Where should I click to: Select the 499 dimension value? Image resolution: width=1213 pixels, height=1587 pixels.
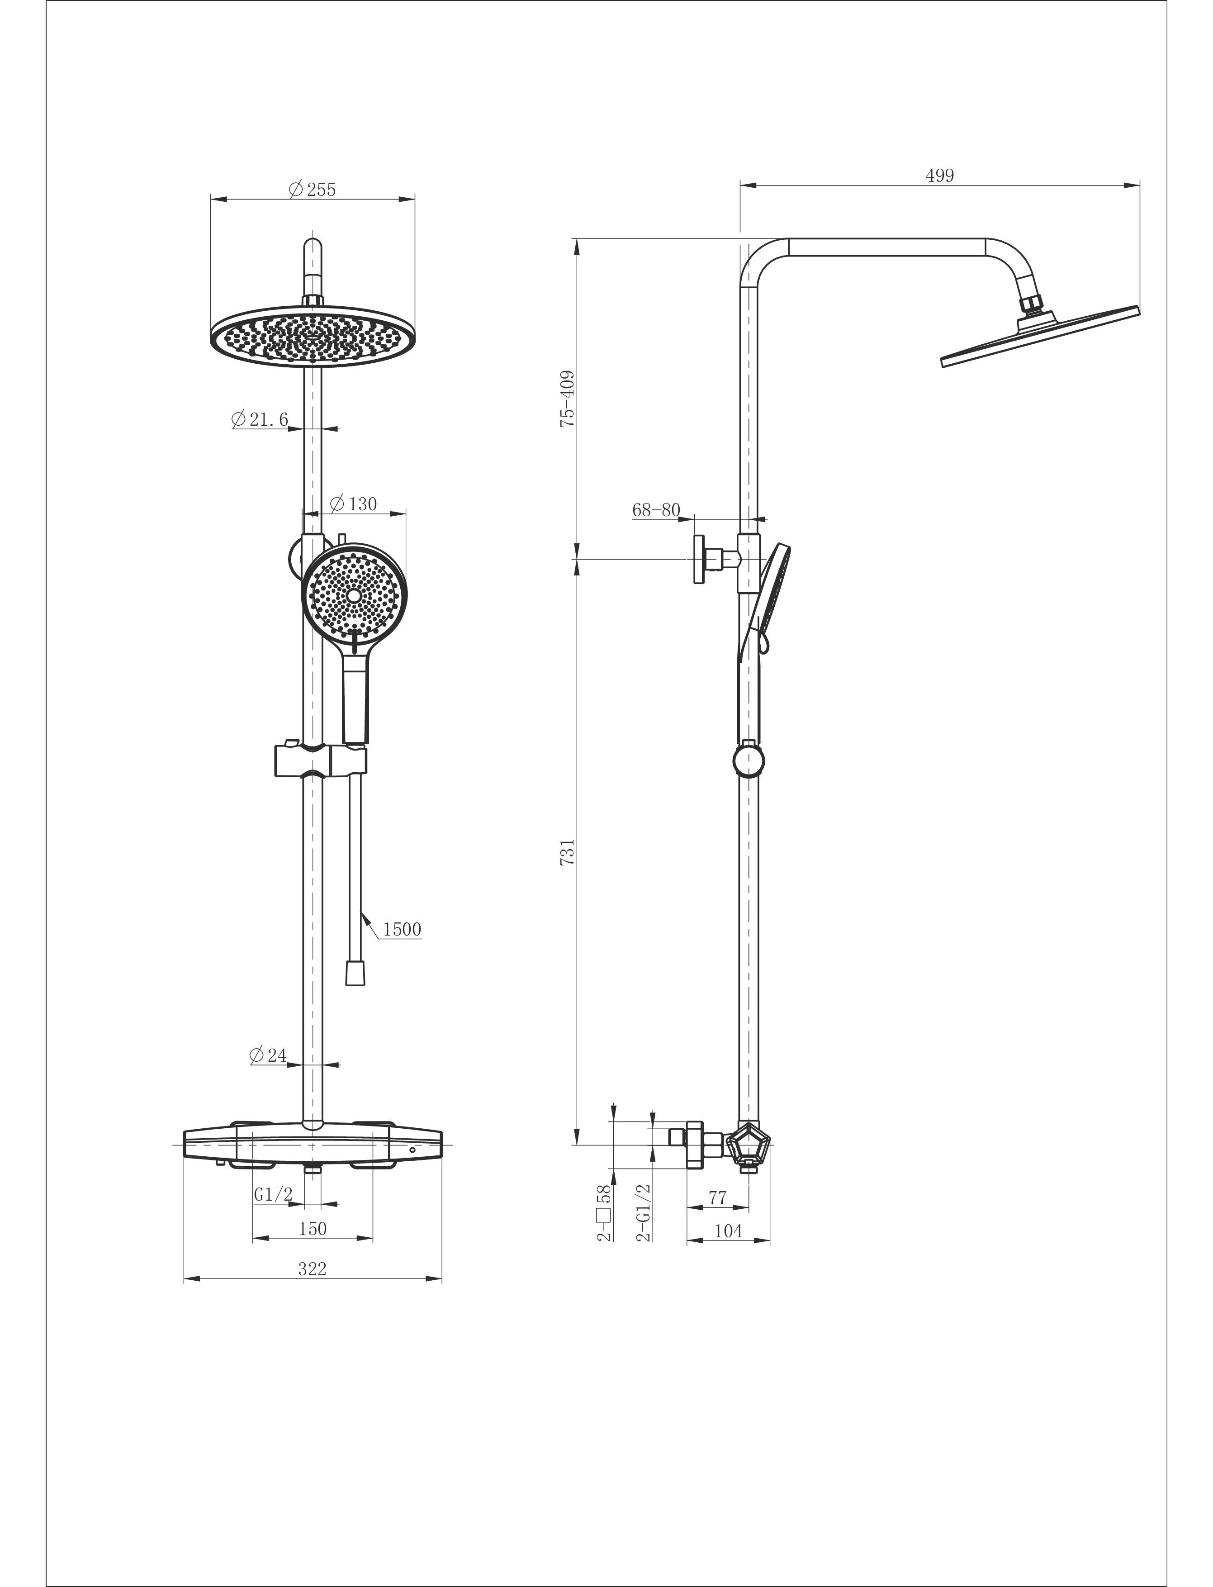tap(939, 176)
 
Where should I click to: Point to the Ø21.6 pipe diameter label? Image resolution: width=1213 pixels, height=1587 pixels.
tap(260, 419)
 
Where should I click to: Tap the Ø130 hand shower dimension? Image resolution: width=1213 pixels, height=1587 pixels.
tap(353, 504)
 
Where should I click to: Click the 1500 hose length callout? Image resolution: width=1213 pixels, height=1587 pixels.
tap(402, 929)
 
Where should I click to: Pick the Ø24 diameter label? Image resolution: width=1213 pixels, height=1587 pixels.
tap(268, 1055)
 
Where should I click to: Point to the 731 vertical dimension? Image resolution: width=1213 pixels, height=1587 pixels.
tap(568, 851)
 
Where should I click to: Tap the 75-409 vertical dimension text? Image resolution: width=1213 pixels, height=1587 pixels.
tap(568, 399)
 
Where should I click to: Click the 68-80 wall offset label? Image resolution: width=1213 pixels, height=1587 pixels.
tap(656, 510)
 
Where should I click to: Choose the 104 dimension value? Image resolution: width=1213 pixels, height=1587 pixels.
tap(728, 1231)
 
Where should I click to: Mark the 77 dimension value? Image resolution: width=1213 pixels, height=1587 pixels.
tap(717, 1197)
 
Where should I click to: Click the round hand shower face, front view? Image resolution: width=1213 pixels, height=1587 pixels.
tap(354, 596)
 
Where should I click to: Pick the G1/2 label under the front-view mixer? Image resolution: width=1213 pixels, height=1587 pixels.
tap(273, 1195)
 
